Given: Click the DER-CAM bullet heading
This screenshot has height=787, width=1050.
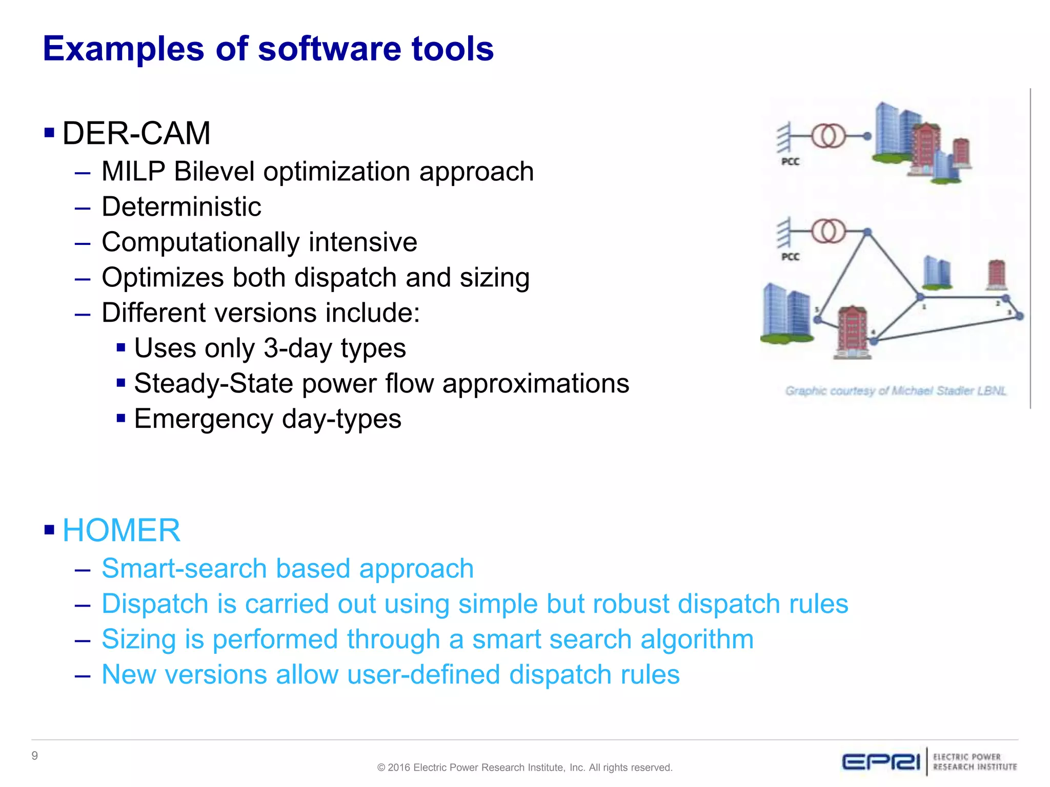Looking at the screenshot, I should pos(136,133).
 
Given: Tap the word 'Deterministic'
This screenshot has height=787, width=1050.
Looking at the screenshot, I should pos(181,206).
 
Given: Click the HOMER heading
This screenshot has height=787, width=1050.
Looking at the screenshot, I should pos(121,530).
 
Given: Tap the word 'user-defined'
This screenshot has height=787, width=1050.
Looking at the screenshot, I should pos(423,675).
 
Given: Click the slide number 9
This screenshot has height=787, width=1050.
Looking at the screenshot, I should pos(35,756).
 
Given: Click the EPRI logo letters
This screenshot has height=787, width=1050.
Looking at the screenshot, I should pos(881,762).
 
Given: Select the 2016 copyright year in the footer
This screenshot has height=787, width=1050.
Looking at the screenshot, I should pos(399,768).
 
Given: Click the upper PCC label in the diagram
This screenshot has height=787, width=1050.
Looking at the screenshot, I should pos(790,161).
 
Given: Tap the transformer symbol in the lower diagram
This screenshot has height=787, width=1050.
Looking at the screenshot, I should pos(828,231).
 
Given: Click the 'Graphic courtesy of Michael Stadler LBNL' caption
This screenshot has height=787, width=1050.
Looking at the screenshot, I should pos(896,391).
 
